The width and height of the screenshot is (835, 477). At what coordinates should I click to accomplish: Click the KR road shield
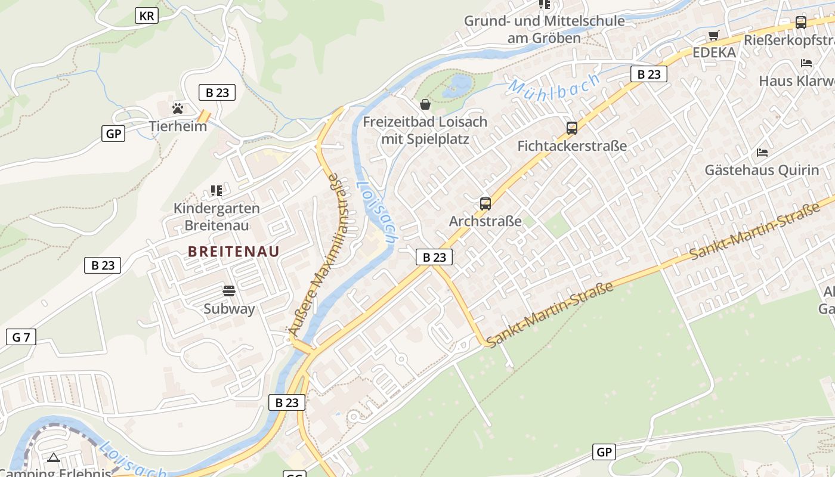click(x=147, y=16)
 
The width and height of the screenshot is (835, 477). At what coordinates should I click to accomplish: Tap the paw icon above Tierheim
click(x=178, y=109)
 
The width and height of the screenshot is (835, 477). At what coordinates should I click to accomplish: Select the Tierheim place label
click(x=178, y=126)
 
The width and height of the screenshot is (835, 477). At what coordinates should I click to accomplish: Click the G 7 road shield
click(x=21, y=337)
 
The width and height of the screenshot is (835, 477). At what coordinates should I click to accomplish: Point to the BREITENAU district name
click(x=233, y=252)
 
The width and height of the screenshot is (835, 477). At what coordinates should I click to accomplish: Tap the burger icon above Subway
click(x=229, y=291)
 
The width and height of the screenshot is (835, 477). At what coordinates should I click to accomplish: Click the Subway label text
click(x=229, y=309)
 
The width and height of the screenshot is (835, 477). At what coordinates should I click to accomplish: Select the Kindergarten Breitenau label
click(x=217, y=217)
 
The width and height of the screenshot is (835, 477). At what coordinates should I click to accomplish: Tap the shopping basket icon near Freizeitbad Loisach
click(x=425, y=105)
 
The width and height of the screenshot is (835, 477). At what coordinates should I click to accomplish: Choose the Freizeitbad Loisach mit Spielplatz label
click(x=425, y=131)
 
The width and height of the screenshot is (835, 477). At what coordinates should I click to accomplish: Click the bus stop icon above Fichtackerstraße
click(x=572, y=128)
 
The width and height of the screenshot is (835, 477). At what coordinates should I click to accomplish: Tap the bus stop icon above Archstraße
click(x=485, y=204)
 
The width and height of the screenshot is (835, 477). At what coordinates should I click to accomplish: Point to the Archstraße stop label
click(x=485, y=222)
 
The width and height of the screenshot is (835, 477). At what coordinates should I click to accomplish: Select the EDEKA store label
click(x=714, y=52)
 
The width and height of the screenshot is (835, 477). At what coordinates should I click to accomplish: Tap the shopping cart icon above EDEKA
click(x=714, y=35)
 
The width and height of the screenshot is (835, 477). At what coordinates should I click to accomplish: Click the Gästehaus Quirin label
click(x=762, y=171)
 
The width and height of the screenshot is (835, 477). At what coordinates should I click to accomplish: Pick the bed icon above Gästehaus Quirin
click(x=762, y=153)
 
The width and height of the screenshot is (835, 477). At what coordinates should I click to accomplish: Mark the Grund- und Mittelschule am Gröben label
click(x=544, y=30)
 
